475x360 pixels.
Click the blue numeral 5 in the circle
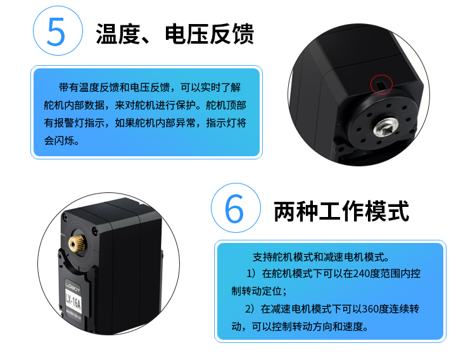coord(56,32)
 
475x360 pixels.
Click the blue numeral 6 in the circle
coord(234,208)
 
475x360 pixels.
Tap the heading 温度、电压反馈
coord(175,34)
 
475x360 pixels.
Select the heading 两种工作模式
coord(341,211)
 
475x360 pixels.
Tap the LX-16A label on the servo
coord(73,301)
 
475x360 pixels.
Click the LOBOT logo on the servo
coord(73,286)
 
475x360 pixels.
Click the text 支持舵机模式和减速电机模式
coord(319,257)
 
